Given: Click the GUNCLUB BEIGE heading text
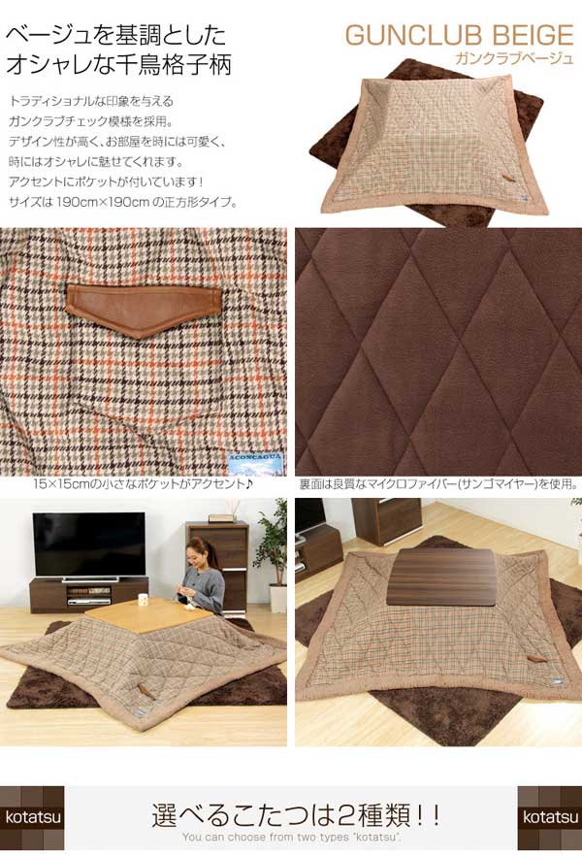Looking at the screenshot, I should click(x=459, y=36).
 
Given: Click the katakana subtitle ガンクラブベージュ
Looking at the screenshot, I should click(x=514, y=59).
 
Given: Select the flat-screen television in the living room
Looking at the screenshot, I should click(x=88, y=544).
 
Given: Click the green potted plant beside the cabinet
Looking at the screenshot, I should click(x=271, y=553).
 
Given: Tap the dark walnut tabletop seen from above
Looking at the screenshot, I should click(x=437, y=575).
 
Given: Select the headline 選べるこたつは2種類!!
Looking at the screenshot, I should click(x=291, y=813).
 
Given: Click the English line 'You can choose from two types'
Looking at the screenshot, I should click(x=290, y=837).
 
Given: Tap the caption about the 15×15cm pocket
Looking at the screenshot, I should click(x=143, y=482).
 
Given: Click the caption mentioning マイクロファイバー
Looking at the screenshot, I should click(x=437, y=482).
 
